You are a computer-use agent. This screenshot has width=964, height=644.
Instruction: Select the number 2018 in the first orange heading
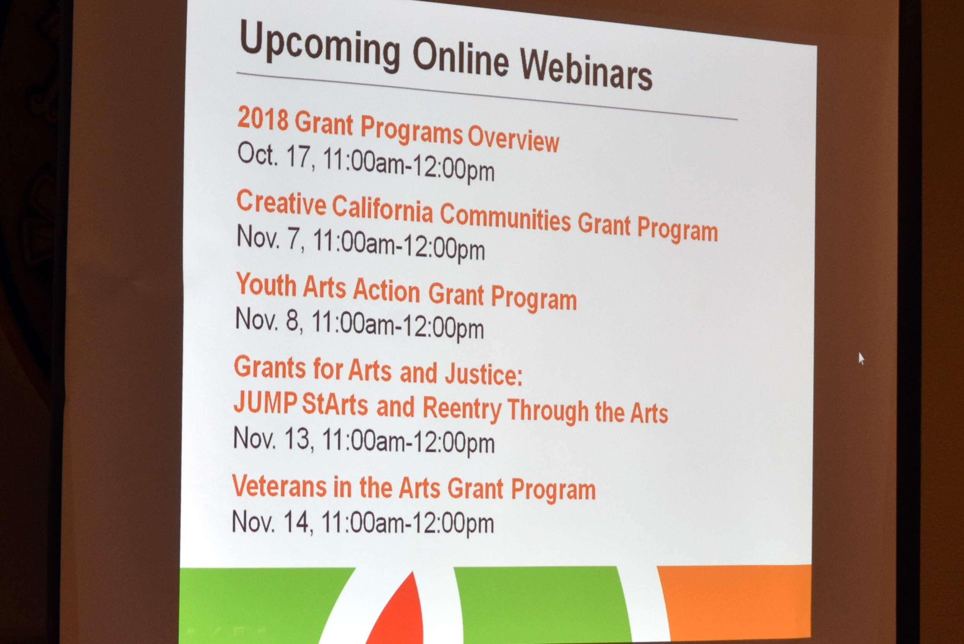(x=263, y=118)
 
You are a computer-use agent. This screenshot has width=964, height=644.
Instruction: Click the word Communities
(x=505, y=218)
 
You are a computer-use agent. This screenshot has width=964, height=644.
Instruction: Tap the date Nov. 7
(x=270, y=238)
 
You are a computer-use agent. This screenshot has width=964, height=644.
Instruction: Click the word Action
(x=386, y=290)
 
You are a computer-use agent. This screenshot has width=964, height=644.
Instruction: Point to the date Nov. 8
(x=269, y=320)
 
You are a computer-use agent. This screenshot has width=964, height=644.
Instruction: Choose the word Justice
(x=483, y=374)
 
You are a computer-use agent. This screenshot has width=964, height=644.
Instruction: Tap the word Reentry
(x=462, y=409)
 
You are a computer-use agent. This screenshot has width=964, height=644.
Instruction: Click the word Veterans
(x=279, y=485)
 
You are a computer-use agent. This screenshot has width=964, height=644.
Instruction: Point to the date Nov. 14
(x=272, y=522)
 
